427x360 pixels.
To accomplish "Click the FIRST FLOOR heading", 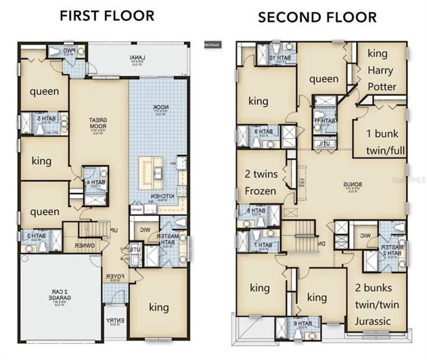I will click(x=107, y=14).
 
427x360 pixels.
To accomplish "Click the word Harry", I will click(x=382, y=70).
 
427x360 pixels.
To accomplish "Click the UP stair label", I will click(x=115, y=231).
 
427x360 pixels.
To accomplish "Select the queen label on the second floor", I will click(x=323, y=79).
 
